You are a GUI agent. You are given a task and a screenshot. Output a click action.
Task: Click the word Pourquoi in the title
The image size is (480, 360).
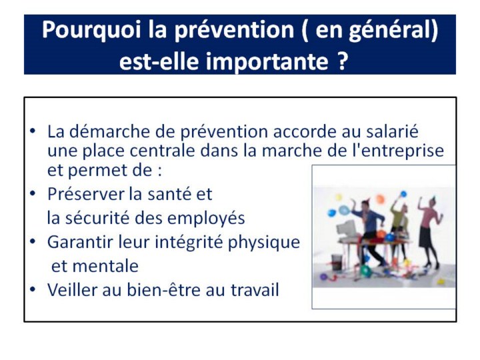[x=91, y=30]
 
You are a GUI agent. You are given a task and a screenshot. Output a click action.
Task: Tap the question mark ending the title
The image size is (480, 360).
[x=343, y=61]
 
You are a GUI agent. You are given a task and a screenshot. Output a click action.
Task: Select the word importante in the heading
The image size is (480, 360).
[x=267, y=61]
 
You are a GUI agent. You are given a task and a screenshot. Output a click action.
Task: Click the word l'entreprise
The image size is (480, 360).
[x=398, y=151]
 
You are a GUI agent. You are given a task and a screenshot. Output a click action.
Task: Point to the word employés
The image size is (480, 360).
[x=206, y=219]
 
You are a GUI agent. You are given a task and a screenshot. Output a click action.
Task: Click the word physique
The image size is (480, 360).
[x=263, y=243]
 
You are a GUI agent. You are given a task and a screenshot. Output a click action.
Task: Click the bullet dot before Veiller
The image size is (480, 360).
[x=33, y=289]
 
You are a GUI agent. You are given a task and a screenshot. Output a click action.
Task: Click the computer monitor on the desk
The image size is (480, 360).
[x=347, y=227]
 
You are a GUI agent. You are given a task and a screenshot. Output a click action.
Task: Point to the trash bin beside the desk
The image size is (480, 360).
[x=337, y=262]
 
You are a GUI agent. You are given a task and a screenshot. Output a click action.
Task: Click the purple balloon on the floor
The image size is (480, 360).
[x=323, y=277]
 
